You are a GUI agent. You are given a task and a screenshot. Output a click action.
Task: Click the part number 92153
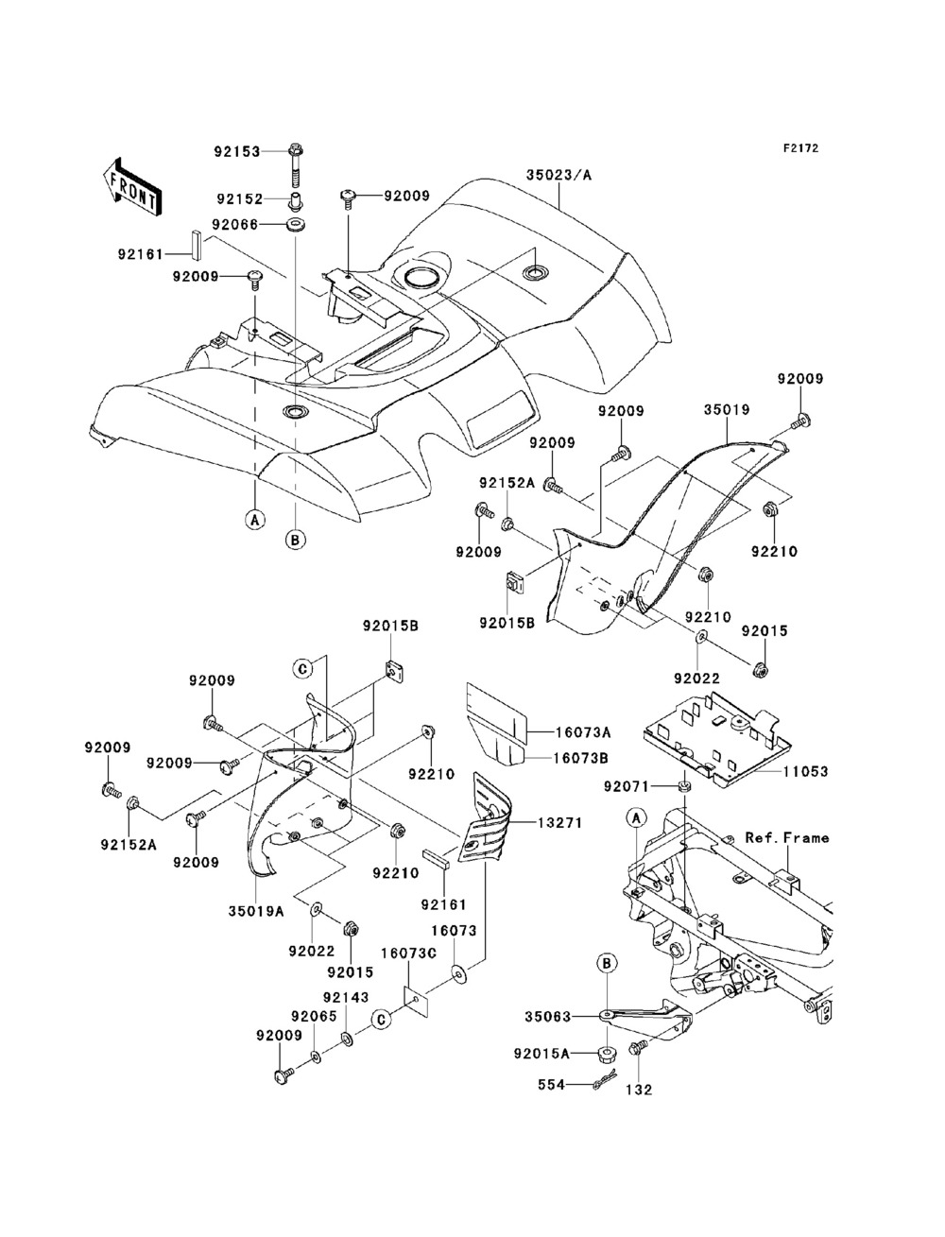236,151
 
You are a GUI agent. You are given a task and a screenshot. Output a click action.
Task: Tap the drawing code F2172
799,148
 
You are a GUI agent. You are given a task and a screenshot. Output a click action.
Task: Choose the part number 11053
804,772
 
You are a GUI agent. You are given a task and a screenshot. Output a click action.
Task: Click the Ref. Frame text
786,837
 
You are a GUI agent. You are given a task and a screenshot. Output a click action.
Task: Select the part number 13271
559,824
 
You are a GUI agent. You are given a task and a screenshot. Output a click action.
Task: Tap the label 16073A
583,732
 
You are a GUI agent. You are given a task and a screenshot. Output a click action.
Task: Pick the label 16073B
582,757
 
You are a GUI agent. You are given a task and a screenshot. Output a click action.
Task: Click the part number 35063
549,1018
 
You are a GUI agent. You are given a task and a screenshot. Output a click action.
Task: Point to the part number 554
553,1086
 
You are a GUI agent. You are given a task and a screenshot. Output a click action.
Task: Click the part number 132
640,1090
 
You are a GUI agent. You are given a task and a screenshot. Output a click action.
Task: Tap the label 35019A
255,911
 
